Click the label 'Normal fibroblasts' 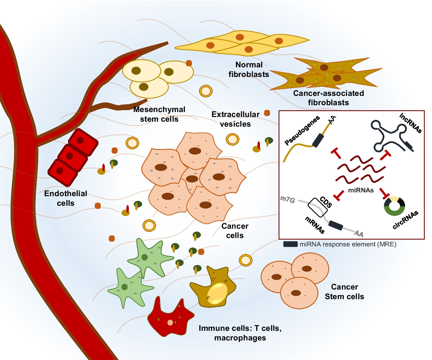click(x=249, y=70)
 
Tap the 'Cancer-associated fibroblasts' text click(x=328, y=98)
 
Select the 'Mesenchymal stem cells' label click(x=159, y=114)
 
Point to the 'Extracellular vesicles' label click(x=235, y=119)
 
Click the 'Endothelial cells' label click(x=66, y=198)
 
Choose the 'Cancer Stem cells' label click(x=344, y=292)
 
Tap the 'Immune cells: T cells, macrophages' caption click(x=240, y=333)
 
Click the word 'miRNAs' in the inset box click(x=361, y=190)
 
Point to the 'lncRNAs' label click(x=411, y=123)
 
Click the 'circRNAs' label click(x=405, y=220)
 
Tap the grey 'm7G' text click(x=288, y=200)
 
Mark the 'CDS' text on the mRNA click(x=326, y=202)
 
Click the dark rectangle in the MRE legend click(x=290, y=244)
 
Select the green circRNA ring click(x=394, y=212)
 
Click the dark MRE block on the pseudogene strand click(x=318, y=140)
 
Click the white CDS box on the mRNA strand click(x=317, y=207)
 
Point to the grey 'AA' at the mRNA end click(x=359, y=233)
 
